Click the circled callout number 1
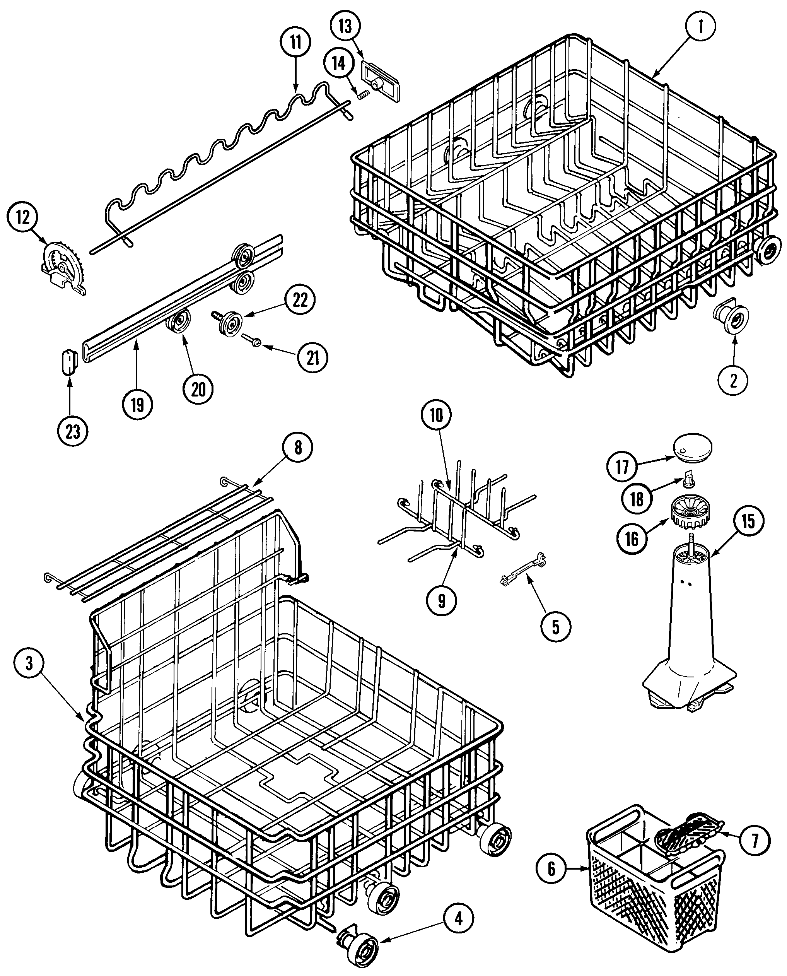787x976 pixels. pyautogui.click(x=700, y=27)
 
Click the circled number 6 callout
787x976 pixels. pyautogui.click(x=551, y=869)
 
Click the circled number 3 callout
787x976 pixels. pyautogui.click(x=29, y=664)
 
